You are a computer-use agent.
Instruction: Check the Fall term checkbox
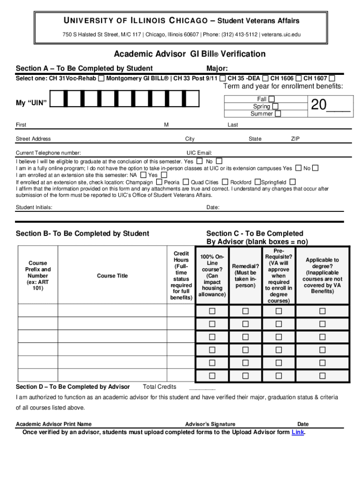(271, 99)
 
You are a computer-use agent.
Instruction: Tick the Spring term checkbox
(275, 106)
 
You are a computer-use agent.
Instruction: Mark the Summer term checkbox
(278, 114)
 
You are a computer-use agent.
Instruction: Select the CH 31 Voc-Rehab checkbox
(101, 78)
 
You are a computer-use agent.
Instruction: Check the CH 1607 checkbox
(332, 78)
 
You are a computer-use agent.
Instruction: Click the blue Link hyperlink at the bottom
(297, 432)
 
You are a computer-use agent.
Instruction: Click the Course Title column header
(112, 276)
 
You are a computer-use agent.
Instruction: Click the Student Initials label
(34, 207)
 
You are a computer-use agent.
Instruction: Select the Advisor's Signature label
(210, 424)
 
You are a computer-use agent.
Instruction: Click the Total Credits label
(159, 387)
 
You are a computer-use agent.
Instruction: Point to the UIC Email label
(199, 153)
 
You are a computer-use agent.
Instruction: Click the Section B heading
(82, 233)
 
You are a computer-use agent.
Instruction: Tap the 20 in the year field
(318, 106)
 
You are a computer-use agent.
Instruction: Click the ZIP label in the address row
(295, 139)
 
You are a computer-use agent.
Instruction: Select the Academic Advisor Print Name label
(54, 424)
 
